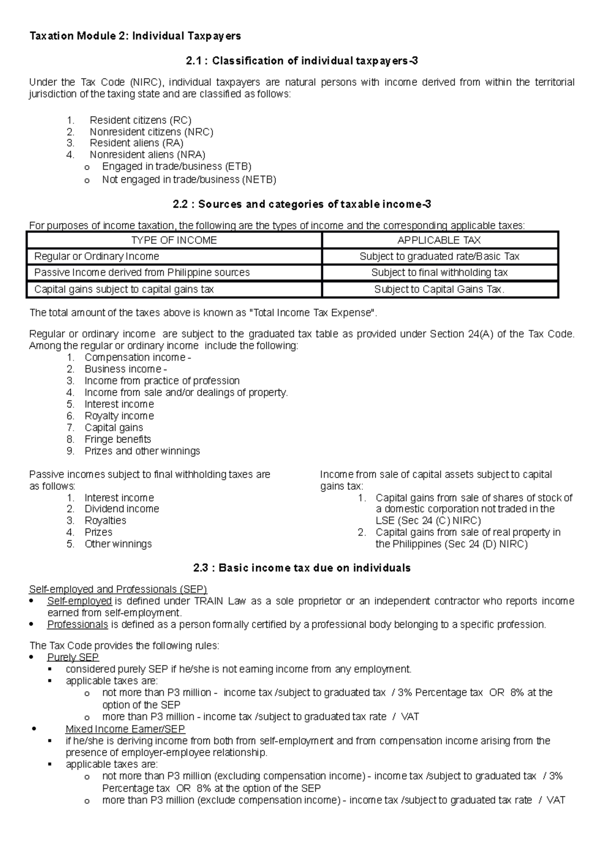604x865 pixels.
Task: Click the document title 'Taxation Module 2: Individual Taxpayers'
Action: tap(135, 36)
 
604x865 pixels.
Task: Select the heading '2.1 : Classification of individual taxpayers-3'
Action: tap(301, 61)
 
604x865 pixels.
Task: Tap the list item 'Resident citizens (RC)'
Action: tap(140, 120)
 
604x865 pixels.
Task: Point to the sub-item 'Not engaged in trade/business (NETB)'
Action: tap(189, 179)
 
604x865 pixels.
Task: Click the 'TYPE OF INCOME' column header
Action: tap(174, 240)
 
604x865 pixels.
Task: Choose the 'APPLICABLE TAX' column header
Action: tap(439, 240)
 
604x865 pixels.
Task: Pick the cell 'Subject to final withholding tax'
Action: tap(439, 273)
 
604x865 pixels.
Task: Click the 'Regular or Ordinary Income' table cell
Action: tap(97, 256)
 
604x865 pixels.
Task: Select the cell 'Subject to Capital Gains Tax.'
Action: tap(439, 289)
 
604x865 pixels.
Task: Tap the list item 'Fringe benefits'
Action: tap(118, 439)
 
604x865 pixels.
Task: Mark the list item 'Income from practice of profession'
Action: tap(162, 381)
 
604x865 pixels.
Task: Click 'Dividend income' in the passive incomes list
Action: tap(121, 509)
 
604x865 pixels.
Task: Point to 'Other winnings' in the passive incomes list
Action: tap(118, 544)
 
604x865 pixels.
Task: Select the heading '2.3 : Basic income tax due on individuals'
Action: tap(301, 568)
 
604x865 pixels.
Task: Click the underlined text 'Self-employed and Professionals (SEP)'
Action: tap(118, 589)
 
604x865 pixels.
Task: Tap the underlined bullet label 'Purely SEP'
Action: tap(73, 657)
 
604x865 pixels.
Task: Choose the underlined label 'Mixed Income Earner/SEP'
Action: tap(125, 729)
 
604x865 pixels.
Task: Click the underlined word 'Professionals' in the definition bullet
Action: tap(78, 625)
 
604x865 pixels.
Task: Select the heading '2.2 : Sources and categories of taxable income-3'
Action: tap(301, 204)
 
